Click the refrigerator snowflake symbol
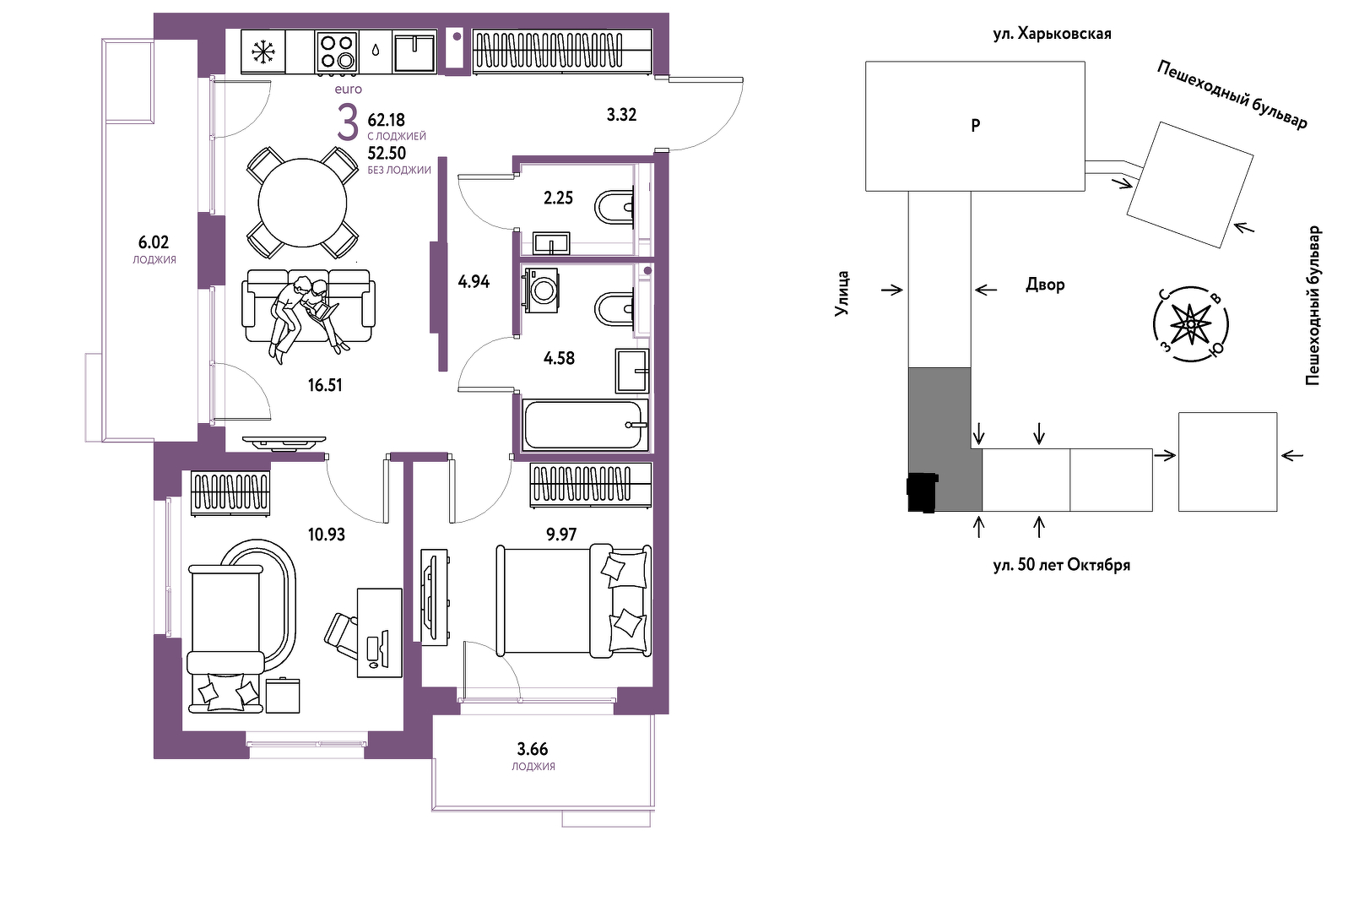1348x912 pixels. (263, 52)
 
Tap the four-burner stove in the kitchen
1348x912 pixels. (337, 52)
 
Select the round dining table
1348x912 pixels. (303, 203)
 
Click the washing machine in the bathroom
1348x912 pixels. (542, 290)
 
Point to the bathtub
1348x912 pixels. (585, 425)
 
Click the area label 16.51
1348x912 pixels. (325, 385)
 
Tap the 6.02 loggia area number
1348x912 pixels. (154, 242)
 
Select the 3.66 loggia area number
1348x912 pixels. (533, 749)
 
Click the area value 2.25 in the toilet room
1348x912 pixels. (559, 198)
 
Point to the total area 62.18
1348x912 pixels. (387, 120)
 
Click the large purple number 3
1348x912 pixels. (348, 122)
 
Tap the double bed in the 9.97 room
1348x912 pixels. (573, 600)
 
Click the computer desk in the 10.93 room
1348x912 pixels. (380, 632)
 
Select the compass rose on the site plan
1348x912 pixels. (1191, 324)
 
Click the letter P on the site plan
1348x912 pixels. (976, 125)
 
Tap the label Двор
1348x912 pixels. (1045, 284)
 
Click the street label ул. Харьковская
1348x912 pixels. (1052, 34)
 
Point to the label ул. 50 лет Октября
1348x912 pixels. (1062, 565)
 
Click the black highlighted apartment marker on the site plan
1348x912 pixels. (923, 492)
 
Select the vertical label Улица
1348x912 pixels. (842, 294)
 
